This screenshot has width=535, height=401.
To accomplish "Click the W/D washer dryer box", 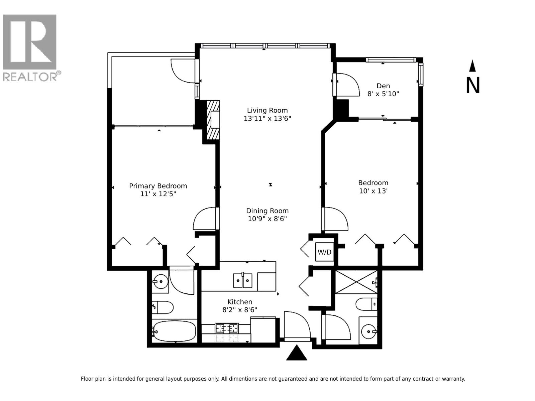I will [324, 252].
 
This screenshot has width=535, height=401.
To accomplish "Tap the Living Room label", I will [267, 110].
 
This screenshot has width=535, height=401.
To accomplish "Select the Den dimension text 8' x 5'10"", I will [383, 94].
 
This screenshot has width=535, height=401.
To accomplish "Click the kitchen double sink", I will [243, 280].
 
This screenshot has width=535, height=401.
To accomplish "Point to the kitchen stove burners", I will [227, 328].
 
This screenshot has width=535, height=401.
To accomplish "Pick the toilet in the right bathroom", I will [366, 304].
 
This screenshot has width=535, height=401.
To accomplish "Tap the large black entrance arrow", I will [297, 354].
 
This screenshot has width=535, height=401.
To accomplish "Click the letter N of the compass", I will [473, 86].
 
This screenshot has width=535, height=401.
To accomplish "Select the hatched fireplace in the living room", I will [213, 120].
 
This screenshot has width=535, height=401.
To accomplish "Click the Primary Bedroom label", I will [158, 186].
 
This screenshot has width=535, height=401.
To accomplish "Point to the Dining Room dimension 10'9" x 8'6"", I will [267, 219].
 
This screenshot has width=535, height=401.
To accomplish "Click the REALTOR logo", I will [30, 47].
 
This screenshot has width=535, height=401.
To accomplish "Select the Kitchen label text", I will [240, 302].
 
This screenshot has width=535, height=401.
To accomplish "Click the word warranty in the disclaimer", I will [453, 379].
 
